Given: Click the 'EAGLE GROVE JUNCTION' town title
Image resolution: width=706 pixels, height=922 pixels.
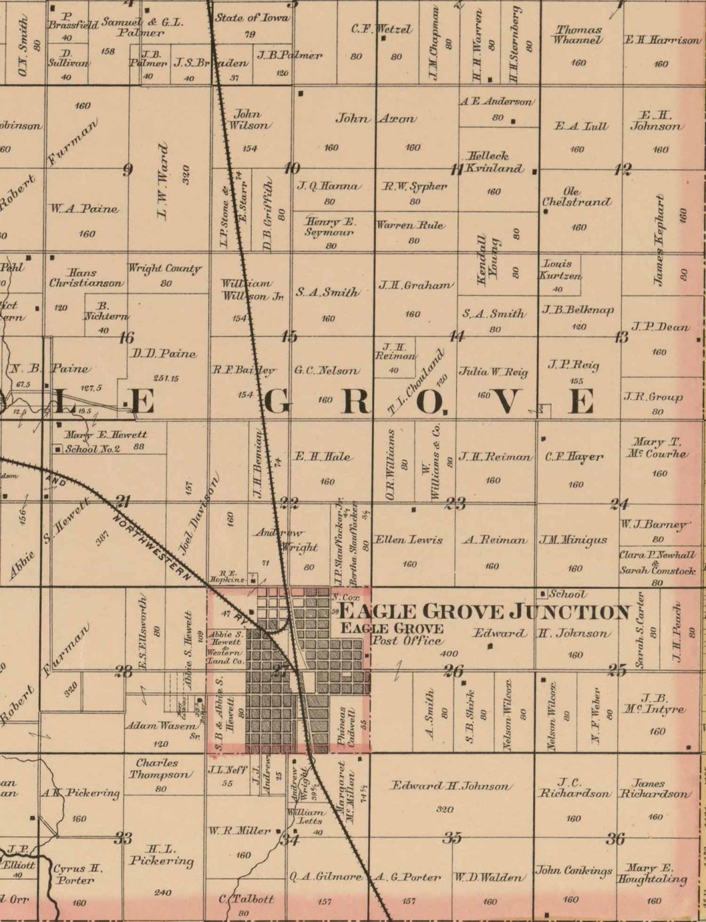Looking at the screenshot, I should click(x=484, y=612).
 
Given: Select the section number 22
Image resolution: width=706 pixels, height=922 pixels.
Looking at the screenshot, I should click(x=289, y=503).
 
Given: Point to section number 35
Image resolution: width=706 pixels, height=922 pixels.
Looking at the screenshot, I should click(x=452, y=838).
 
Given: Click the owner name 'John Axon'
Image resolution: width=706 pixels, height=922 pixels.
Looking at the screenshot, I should click(x=375, y=118).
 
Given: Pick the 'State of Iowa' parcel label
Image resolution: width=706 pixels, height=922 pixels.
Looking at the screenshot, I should click(x=251, y=18).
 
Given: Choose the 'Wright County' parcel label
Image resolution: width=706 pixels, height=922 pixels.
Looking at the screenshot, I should click(x=165, y=269).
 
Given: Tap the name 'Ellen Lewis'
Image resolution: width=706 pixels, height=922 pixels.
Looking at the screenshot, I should click(x=409, y=540).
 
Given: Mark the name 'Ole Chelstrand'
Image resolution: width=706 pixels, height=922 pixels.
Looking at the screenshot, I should click(x=576, y=197).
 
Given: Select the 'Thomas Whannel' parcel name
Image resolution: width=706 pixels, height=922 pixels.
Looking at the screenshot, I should click(x=578, y=35).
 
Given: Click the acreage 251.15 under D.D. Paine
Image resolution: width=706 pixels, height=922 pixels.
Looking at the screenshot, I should click(x=166, y=378).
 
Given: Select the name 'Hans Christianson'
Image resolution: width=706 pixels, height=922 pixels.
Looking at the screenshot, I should click(x=86, y=278).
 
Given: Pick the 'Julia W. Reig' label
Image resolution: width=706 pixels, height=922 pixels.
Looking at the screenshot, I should click(x=493, y=372).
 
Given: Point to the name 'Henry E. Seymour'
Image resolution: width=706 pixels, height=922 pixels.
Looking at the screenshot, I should click(x=329, y=227).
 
